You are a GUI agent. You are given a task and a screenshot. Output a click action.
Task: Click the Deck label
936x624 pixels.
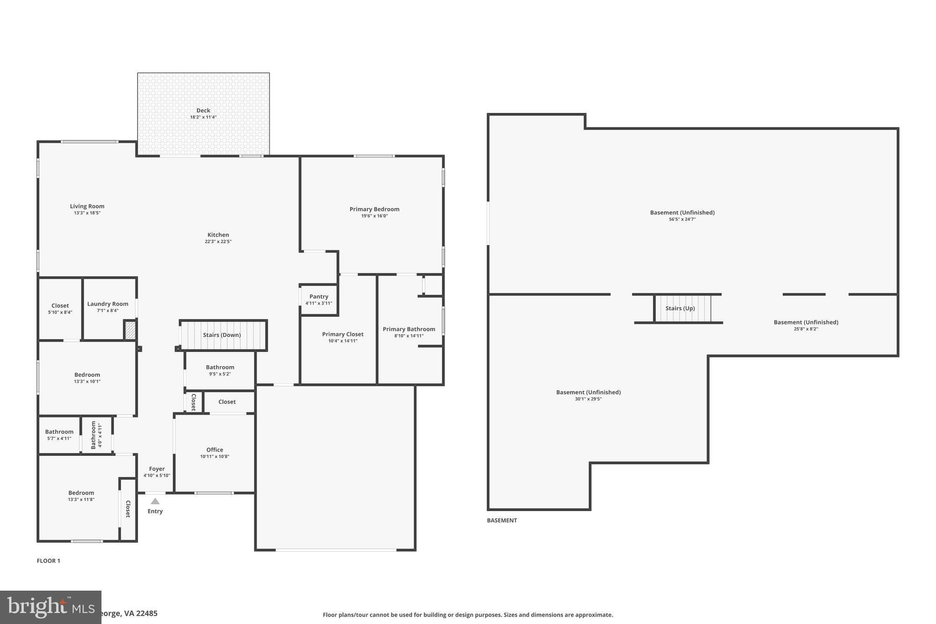(203, 110)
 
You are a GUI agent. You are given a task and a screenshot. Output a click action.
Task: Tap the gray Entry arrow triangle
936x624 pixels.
(155, 501)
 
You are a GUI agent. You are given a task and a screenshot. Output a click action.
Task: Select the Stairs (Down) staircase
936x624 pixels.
(222, 335)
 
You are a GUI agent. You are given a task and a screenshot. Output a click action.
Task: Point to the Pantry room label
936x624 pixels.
(319, 297)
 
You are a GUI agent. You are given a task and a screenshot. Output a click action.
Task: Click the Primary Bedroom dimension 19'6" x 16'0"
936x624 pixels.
(374, 216)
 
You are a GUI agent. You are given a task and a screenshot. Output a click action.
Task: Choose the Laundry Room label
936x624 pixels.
(108, 304)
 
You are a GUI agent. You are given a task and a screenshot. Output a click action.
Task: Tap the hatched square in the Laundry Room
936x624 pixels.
(130, 330)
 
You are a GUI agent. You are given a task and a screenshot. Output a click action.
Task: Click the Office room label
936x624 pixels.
(214, 450)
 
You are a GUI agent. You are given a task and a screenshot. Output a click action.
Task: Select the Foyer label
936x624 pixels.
(157, 469)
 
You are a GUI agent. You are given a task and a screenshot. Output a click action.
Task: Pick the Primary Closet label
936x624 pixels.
(343, 334)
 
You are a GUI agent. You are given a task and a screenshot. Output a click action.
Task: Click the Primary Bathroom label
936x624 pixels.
(409, 329)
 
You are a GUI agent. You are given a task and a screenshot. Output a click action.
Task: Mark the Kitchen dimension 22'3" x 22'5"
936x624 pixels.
(218, 241)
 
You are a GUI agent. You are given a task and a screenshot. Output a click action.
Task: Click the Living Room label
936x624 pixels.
(87, 206)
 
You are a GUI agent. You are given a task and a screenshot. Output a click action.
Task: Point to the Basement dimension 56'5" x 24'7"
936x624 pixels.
(682, 219)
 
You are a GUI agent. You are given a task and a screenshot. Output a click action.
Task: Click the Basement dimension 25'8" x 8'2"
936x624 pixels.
(806, 329)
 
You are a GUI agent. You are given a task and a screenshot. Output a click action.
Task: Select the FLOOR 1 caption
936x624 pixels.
(48, 561)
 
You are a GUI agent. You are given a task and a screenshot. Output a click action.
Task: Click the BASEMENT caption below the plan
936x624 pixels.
(502, 520)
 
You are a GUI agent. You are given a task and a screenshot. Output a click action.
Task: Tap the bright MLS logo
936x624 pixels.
(50, 607)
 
